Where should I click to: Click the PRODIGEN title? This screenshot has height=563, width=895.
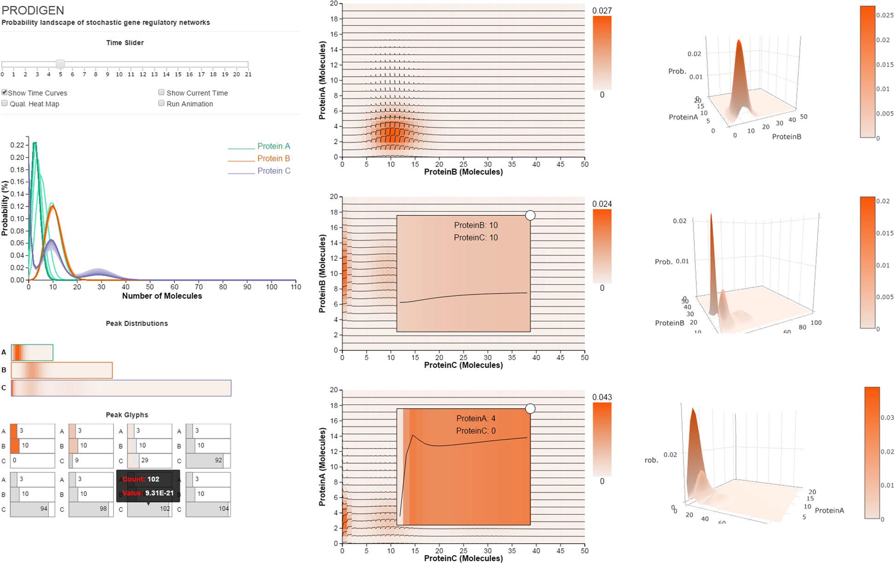(x=33, y=10)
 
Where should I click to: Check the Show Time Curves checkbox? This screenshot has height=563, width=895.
(x=5, y=92)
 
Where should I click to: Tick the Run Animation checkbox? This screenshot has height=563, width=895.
(x=161, y=103)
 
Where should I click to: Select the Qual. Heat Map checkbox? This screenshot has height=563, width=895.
(x=5, y=103)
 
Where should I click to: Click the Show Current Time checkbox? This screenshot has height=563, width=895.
(x=161, y=92)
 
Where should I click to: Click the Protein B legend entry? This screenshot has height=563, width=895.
(x=273, y=159)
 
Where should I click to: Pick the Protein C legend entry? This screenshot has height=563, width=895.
(x=274, y=171)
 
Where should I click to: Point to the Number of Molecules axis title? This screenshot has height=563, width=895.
(x=162, y=296)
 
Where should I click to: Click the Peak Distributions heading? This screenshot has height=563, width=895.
(x=137, y=324)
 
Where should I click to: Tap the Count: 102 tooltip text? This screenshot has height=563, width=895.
(x=141, y=479)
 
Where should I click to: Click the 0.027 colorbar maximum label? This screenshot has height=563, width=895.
(x=602, y=11)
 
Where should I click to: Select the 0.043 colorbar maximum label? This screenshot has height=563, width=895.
(x=602, y=397)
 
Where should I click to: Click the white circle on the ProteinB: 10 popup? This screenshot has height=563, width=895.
(x=530, y=215)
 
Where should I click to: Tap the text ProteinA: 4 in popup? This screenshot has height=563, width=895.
(x=476, y=418)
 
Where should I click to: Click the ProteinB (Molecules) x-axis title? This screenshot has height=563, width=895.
(x=463, y=172)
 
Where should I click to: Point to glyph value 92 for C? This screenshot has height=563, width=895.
(x=218, y=460)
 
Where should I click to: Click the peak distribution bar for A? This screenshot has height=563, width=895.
(x=32, y=353)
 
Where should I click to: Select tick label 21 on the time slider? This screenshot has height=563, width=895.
(x=248, y=74)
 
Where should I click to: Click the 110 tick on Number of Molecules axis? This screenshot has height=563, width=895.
(x=296, y=287)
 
